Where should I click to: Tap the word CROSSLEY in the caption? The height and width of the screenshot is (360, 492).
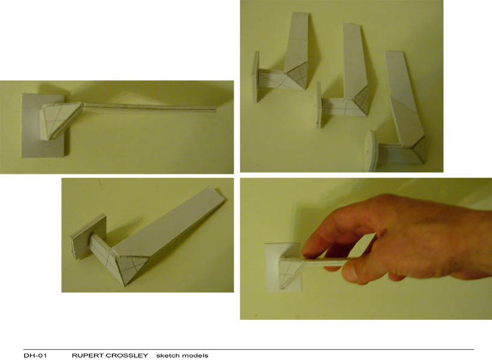[x=128, y=356]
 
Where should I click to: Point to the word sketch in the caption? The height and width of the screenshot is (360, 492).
[x=167, y=356]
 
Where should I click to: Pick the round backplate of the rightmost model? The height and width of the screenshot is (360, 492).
[x=371, y=151]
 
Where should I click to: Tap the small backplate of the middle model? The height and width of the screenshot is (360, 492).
[x=319, y=106]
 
